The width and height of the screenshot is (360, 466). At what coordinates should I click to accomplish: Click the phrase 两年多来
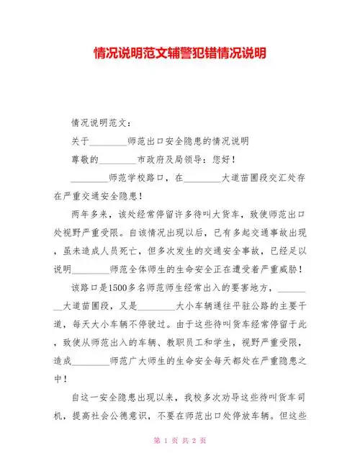click(90, 214)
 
